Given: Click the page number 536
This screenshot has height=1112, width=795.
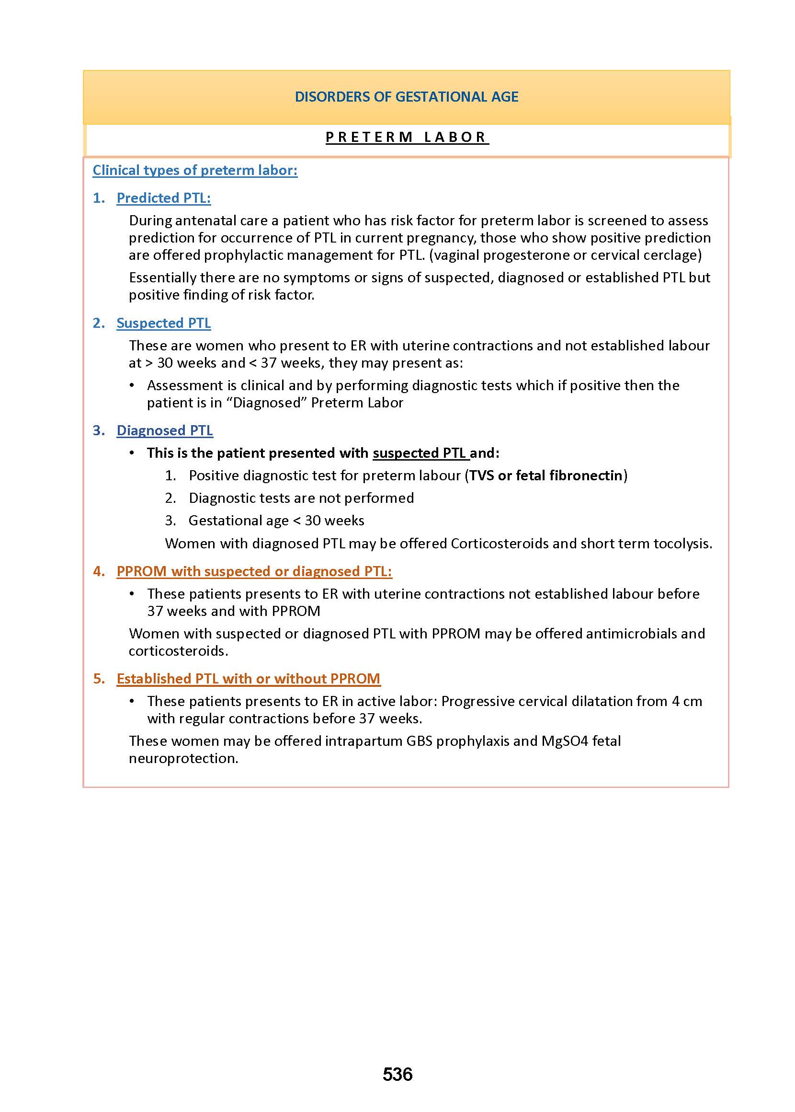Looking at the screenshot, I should (397, 1074).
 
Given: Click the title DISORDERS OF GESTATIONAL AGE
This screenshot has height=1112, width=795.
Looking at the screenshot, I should (406, 96).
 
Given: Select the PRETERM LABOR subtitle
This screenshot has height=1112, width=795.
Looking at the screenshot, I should (406, 137).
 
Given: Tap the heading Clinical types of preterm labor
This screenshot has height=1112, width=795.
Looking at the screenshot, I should (195, 170).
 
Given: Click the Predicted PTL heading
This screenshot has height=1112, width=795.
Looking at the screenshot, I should (163, 198).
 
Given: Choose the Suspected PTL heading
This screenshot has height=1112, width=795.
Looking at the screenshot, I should (163, 324).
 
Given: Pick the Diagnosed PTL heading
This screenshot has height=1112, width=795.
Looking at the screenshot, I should (164, 430).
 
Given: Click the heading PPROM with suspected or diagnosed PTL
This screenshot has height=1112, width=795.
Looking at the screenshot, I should (254, 571).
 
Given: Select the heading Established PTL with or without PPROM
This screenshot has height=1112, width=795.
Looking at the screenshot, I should (248, 679).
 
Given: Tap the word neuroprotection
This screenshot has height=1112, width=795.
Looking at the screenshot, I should (183, 758).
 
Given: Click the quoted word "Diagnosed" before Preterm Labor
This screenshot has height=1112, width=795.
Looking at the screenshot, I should (267, 403).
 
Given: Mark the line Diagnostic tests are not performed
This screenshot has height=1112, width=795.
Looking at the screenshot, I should (301, 498).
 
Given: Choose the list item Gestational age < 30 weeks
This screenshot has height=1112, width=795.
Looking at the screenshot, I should (276, 520).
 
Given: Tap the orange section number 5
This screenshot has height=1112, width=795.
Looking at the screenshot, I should (98, 679).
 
